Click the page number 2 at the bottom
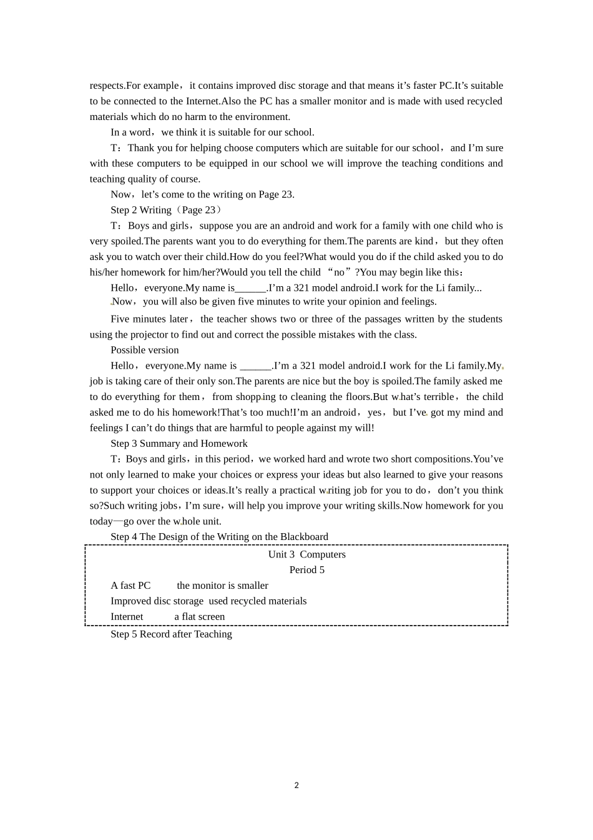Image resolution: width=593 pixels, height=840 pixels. pyautogui.click(x=296, y=786)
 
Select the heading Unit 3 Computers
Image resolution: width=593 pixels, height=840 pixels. pyautogui.click(x=306, y=554)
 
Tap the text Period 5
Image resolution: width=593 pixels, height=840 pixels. pyautogui.click(x=306, y=570)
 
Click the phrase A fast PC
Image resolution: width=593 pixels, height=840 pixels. pyautogui.click(x=130, y=586)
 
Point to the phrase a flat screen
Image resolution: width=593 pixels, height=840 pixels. pyautogui.click(x=199, y=617)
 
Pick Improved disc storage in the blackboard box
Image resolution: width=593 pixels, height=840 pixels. pyautogui.click(x=157, y=601)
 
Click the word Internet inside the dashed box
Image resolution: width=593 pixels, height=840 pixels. pyautogui.click(x=127, y=617)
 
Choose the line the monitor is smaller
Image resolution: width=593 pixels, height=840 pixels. pyautogui.click(x=222, y=586)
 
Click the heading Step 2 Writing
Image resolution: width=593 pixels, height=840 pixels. pyautogui.click(x=141, y=210)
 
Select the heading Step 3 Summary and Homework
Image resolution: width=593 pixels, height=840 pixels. pyautogui.click(x=179, y=444)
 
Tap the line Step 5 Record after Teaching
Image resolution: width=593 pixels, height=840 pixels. pyautogui.click(x=171, y=634)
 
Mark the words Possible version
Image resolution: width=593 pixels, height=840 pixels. pyautogui.click(x=145, y=350)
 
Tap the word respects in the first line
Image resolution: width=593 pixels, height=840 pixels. pyautogui.click(x=107, y=86)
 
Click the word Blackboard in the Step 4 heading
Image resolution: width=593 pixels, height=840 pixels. pyautogui.click(x=304, y=537)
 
